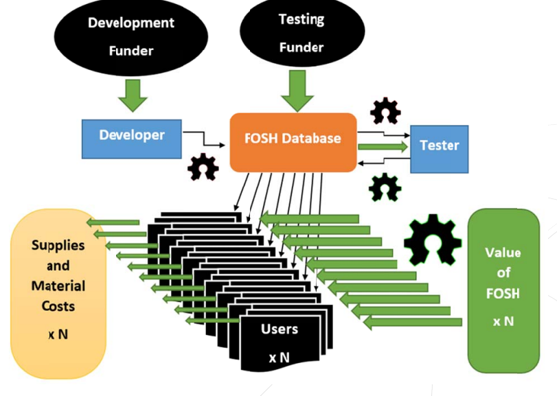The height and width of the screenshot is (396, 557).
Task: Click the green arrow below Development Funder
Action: (x=133, y=95)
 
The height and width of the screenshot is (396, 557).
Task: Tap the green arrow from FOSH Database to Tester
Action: (x=382, y=146)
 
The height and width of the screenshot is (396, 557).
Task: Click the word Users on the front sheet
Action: (x=280, y=329)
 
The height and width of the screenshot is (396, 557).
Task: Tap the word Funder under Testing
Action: (x=302, y=47)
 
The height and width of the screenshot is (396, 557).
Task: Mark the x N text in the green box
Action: (x=503, y=321)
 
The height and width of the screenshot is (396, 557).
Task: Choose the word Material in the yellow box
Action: (x=58, y=286)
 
